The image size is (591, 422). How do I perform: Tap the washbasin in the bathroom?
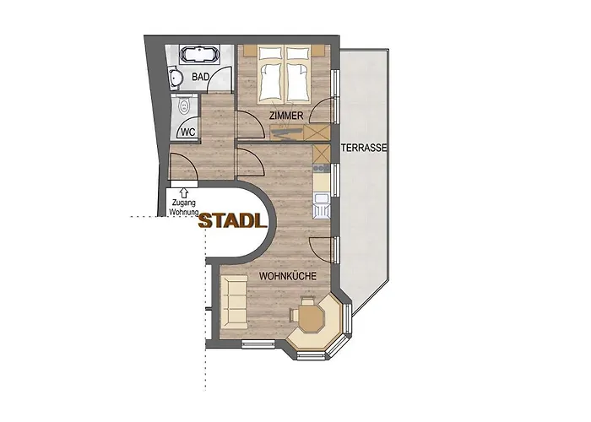point(175,78)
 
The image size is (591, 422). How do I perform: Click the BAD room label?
point(201,77)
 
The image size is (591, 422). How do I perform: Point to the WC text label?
point(188,132)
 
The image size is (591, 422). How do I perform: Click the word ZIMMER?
point(286,114)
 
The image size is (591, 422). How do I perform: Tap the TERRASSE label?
point(364,148)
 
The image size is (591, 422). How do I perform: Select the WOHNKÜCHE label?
point(288,276)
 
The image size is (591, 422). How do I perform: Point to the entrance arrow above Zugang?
point(184,193)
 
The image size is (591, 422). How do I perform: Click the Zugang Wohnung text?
point(184,209)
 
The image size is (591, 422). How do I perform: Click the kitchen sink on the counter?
point(321,203)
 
